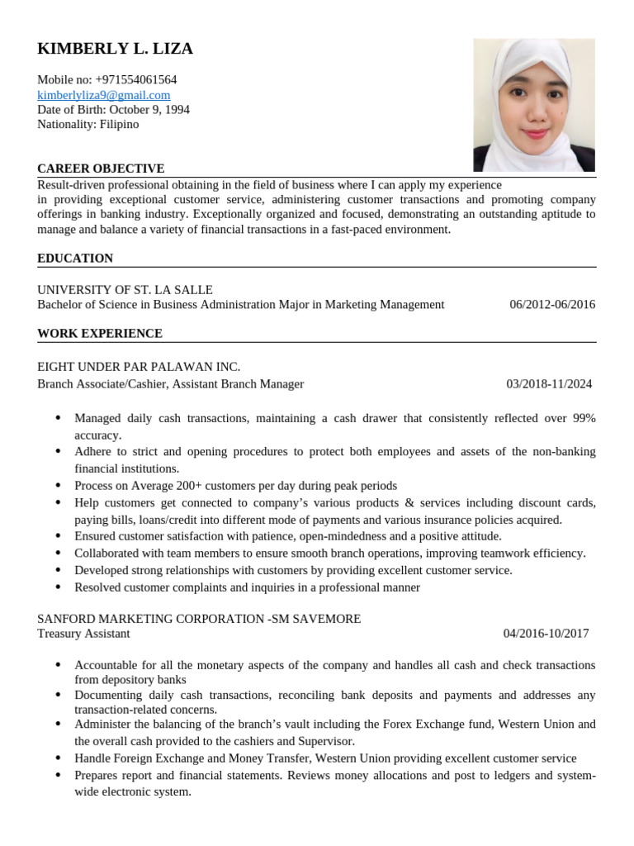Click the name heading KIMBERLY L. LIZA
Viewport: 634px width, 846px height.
(115, 49)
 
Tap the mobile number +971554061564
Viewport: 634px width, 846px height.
(135, 80)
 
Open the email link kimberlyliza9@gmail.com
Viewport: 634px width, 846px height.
(103, 95)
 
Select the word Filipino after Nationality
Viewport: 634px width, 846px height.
(119, 125)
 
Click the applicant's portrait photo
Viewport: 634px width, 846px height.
(533, 105)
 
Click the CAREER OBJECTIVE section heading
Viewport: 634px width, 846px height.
(101, 169)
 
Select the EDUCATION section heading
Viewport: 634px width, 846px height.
(75, 259)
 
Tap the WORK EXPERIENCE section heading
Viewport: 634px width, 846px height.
(100, 334)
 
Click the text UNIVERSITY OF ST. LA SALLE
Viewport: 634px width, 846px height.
(125, 290)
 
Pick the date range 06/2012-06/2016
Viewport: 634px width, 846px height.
(551, 305)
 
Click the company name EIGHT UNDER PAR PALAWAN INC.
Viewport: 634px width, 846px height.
(139, 367)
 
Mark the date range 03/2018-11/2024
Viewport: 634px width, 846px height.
(549, 384)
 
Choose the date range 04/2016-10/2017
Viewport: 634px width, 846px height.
(546, 634)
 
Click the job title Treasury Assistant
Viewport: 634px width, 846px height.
(83, 634)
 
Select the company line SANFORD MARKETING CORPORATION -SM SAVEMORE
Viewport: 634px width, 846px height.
(199, 619)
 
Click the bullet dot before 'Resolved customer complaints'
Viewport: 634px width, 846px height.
(57, 587)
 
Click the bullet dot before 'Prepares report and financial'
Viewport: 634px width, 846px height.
(57, 776)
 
